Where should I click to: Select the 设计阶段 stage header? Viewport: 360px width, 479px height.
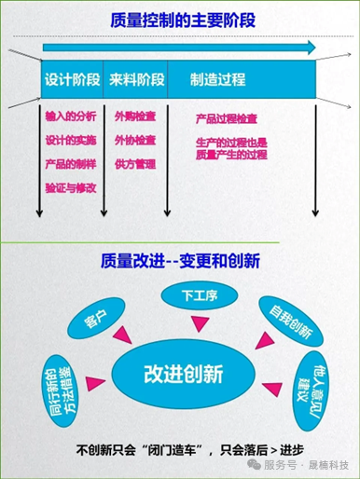[x=71, y=80]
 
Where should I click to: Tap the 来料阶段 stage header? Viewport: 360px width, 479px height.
[x=135, y=80]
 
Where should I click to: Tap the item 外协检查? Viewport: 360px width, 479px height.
[x=133, y=142]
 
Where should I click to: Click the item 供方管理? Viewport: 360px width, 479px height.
[x=133, y=164]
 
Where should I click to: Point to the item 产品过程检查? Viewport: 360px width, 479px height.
[x=228, y=119]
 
